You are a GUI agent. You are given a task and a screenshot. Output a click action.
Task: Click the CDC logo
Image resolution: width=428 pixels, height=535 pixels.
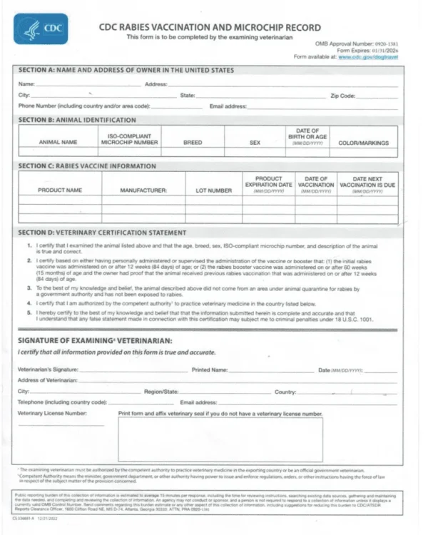[x=41, y=29]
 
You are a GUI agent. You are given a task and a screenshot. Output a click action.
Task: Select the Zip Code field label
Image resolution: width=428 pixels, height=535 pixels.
[x=342, y=95]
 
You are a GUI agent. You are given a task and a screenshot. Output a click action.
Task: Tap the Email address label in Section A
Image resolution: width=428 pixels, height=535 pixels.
[x=228, y=106]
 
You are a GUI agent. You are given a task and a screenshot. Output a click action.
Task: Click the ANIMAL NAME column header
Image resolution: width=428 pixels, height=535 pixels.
[x=58, y=142]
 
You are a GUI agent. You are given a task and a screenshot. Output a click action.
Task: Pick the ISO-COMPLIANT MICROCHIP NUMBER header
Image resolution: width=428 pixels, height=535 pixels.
[x=129, y=138]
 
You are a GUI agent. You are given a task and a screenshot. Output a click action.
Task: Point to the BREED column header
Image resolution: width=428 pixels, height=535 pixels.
[x=193, y=142]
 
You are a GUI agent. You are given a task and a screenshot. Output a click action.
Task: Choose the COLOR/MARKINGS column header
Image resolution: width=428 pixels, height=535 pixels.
[x=363, y=142]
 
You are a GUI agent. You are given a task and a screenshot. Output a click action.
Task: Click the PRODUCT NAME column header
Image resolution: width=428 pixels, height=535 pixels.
[x=60, y=190]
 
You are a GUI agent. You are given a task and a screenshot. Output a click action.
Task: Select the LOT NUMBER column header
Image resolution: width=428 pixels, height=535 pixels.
[x=213, y=190]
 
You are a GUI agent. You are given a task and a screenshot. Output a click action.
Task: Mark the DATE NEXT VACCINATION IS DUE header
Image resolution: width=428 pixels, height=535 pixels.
[x=367, y=183]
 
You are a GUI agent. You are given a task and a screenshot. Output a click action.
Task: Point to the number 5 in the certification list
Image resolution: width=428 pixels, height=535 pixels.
[x=29, y=312]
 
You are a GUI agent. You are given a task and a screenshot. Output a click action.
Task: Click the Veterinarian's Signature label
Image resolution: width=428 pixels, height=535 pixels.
[x=48, y=370]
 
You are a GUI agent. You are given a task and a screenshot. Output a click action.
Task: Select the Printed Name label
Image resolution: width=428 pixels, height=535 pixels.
[x=210, y=370]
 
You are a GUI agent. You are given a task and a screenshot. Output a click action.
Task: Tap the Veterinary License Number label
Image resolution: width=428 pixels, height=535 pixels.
[x=52, y=412]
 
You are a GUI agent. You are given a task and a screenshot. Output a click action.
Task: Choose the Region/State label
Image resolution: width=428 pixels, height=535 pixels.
[x=161, y=392]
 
